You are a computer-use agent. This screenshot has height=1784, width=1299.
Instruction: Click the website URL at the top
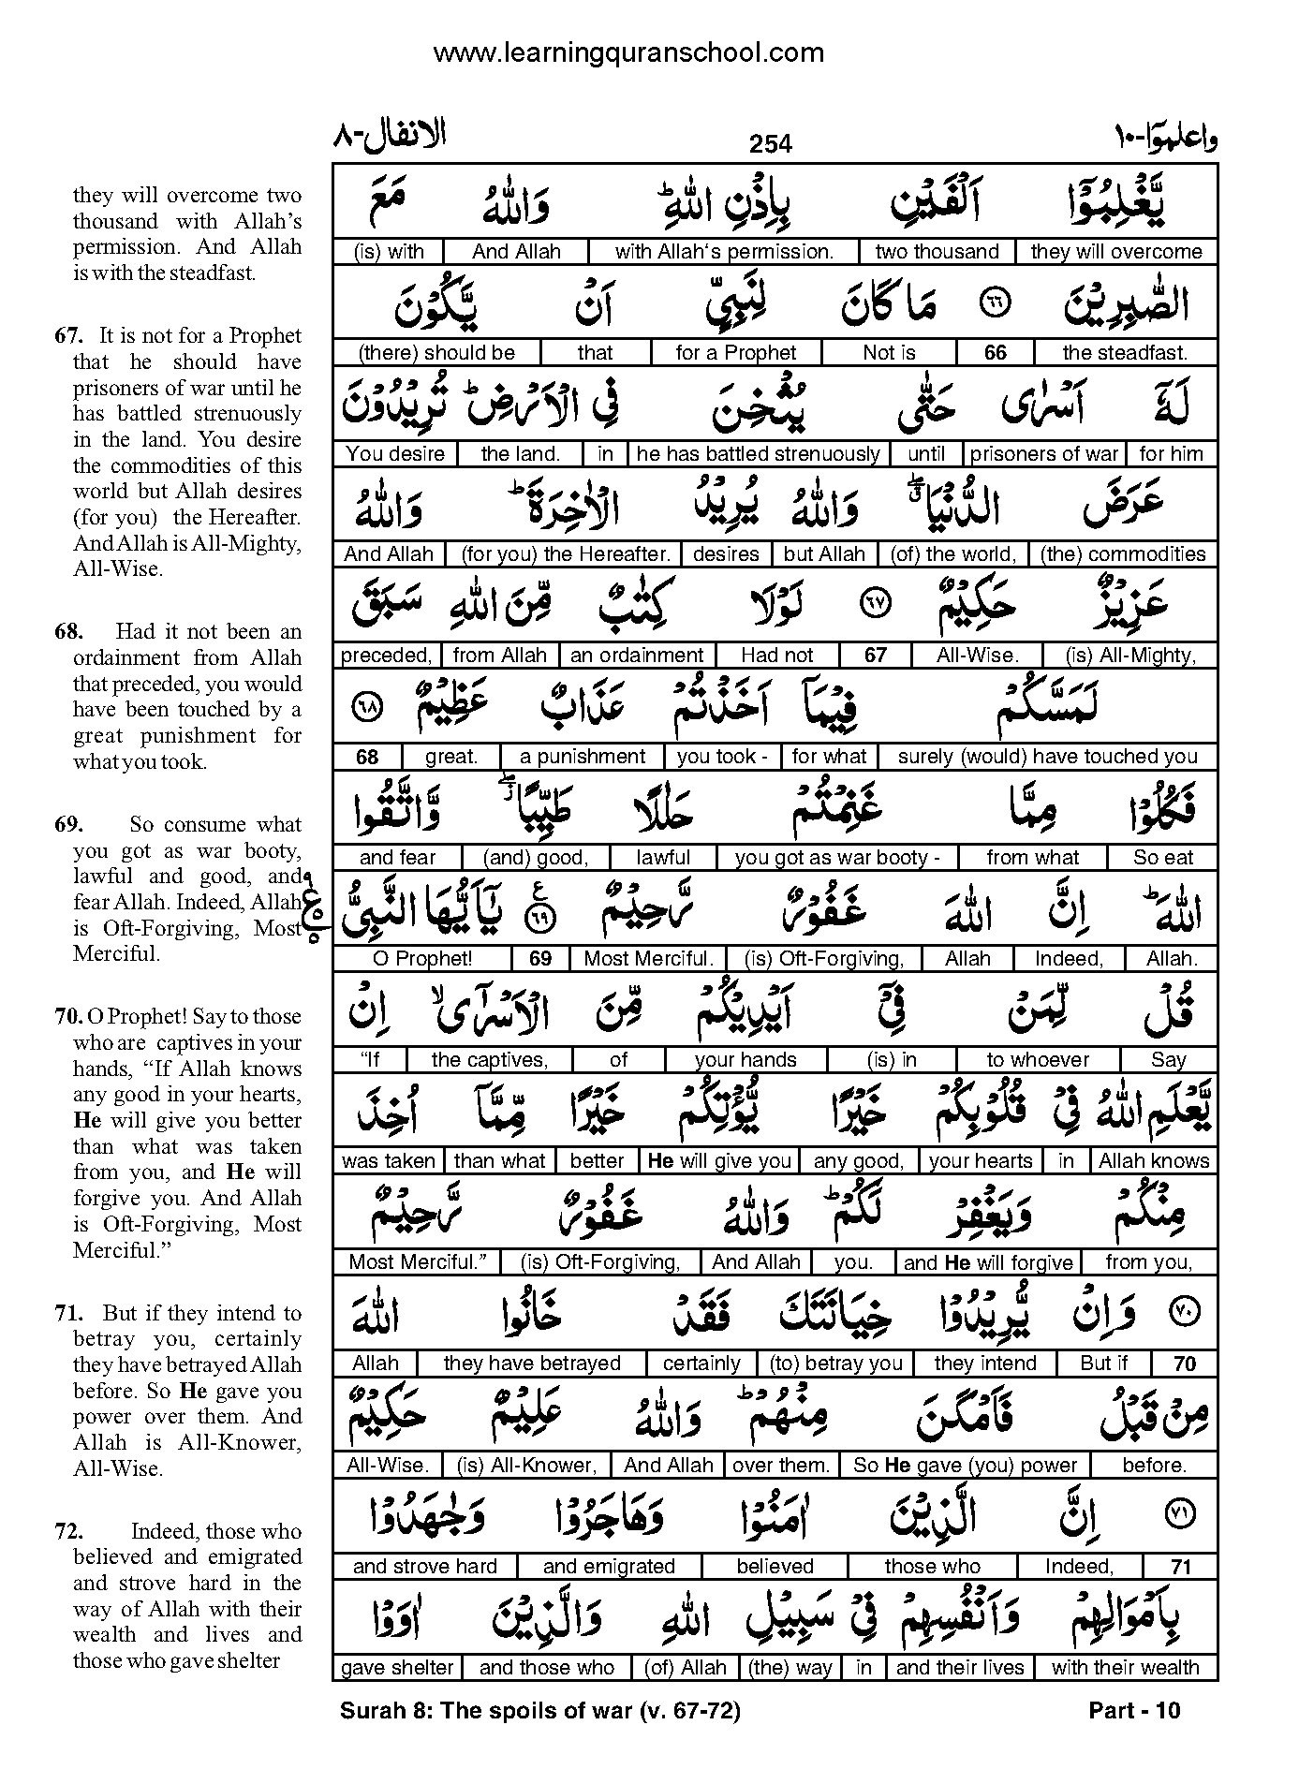click(x=627, y=52)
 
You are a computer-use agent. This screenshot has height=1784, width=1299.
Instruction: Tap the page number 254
click(x=770, y=143)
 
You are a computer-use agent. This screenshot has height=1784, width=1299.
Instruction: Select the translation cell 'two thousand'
click(x=937, y=251)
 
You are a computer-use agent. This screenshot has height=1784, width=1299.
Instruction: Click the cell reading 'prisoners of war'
click(x=1044, y=453)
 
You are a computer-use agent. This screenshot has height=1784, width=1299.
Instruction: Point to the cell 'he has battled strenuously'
click(x=758, y=453)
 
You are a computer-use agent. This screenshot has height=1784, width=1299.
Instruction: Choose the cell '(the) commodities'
click(x=1122, y=553)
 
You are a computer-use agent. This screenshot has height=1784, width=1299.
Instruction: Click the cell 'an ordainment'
click(x=637, y=655)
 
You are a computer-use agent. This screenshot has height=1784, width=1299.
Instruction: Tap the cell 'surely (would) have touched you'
click(x=1047, y=756)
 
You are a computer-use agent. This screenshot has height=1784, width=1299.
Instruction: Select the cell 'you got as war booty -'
click(x=837, y=857)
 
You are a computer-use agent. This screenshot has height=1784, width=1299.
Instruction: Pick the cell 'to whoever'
click(x=1038, y=1059)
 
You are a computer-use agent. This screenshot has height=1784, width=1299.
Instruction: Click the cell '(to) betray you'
click(x=834, y=1363)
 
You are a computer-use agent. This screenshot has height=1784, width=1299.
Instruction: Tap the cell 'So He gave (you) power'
click(x=965, y=1464)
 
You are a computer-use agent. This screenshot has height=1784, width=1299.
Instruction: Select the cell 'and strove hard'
click(x=424, y=1565)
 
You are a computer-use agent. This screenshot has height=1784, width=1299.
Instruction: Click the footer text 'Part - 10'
click(x=1134, y=1710)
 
